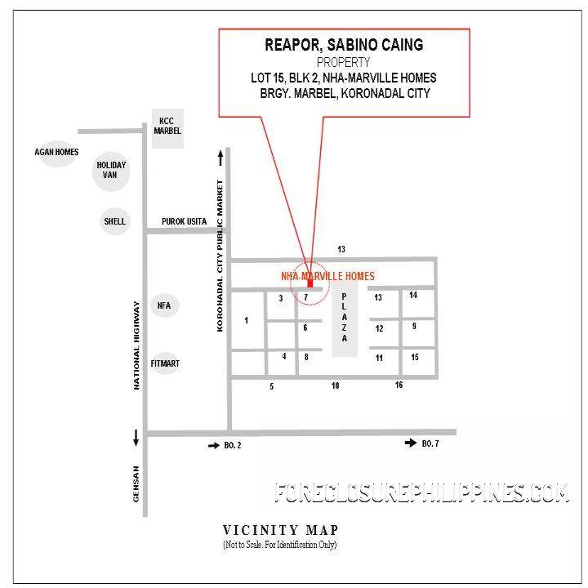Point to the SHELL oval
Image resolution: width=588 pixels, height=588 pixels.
pyautogui.click(x=114, y=220)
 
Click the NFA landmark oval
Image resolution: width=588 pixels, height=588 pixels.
pyautogui.click(x=163, y=305)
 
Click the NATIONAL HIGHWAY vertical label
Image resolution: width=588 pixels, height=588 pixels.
pyautogui.click(x=138, y=341)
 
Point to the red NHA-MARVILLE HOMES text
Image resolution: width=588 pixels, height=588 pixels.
pyautogui.click(x=327, y=276)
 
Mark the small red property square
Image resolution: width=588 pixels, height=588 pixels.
pyautogui.click(x=310, y=283)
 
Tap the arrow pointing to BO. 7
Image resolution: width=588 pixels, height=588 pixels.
pyautogui.click(x=411, y=443)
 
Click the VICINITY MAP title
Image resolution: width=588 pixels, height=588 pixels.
pyautogui.click(x=280, y=530)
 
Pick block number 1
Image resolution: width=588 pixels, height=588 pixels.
pyautogui.click(x=246, y=320)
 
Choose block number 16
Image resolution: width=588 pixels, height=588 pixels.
pyautogui.click(x=399, y=385)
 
